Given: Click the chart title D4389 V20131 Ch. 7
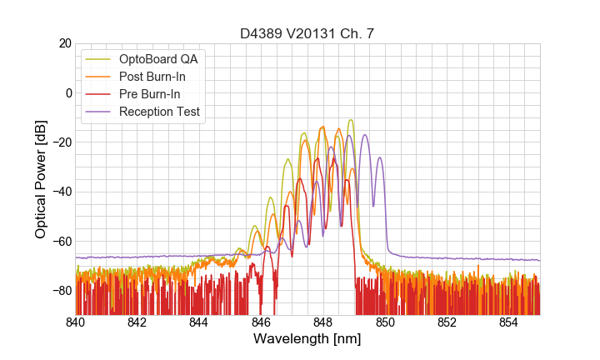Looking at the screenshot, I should tap(307, 33).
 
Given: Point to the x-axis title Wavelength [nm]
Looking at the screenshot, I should tap(307, 339).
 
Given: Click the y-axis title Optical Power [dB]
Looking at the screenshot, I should tap(41, 179).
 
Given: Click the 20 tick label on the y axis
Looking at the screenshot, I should tap(63, 43).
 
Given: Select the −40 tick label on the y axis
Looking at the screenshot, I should tap(60, 192).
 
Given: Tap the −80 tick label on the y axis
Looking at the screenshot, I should tap(60, 291).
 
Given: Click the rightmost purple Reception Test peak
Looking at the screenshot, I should tap(380, 157).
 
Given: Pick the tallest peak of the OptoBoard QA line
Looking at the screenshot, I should tap(351, 120).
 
